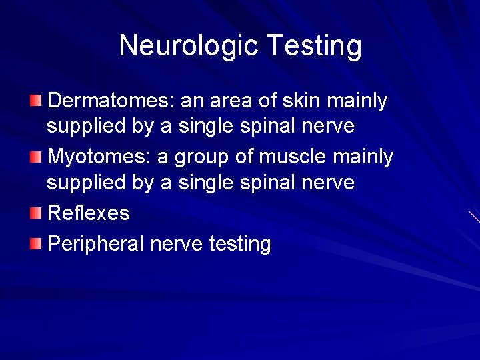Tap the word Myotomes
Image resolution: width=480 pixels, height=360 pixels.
(101, 157)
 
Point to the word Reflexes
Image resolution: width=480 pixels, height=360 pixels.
(89, 213)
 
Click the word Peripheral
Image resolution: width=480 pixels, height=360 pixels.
(96, 244)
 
